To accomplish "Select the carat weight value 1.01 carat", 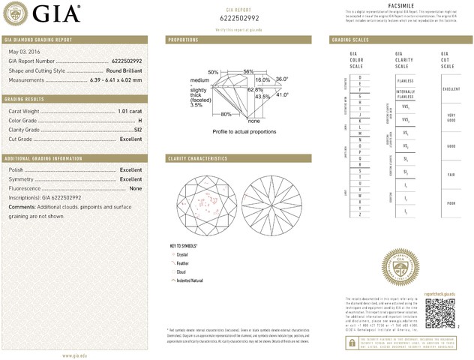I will point(130,112).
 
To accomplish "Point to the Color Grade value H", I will point(139,121).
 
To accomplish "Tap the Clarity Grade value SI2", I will point(136,130).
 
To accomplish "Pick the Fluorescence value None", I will point(136,188).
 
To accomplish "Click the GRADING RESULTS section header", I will point(26,99).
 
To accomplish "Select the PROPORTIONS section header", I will point(183,39).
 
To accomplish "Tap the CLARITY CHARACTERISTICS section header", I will point(197,159).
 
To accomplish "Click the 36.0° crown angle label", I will point(282,79).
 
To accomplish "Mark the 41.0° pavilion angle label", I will point(282,94).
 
